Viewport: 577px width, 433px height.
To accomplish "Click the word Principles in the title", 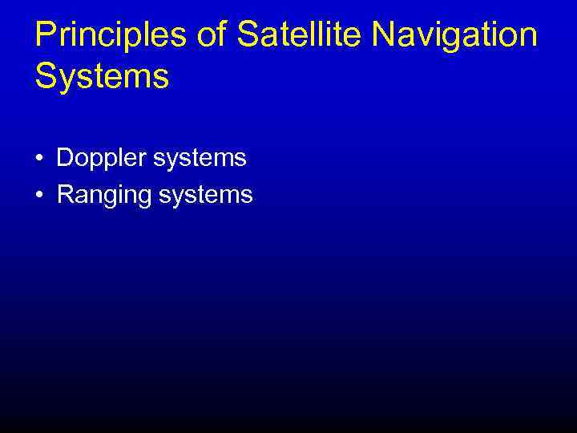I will [x=103, y=36].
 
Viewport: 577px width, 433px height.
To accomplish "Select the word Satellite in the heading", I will [x=287, y=36].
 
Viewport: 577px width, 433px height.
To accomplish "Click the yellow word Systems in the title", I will [x=102, y=78].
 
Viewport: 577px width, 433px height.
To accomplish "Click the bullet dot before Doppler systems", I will [x=39, y=159].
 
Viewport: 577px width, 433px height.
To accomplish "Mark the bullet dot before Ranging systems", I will [x=39, y=195].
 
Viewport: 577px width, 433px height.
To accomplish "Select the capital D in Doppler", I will [x=64, y=158].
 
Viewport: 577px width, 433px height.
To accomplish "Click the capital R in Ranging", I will [x=65, y=195].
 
